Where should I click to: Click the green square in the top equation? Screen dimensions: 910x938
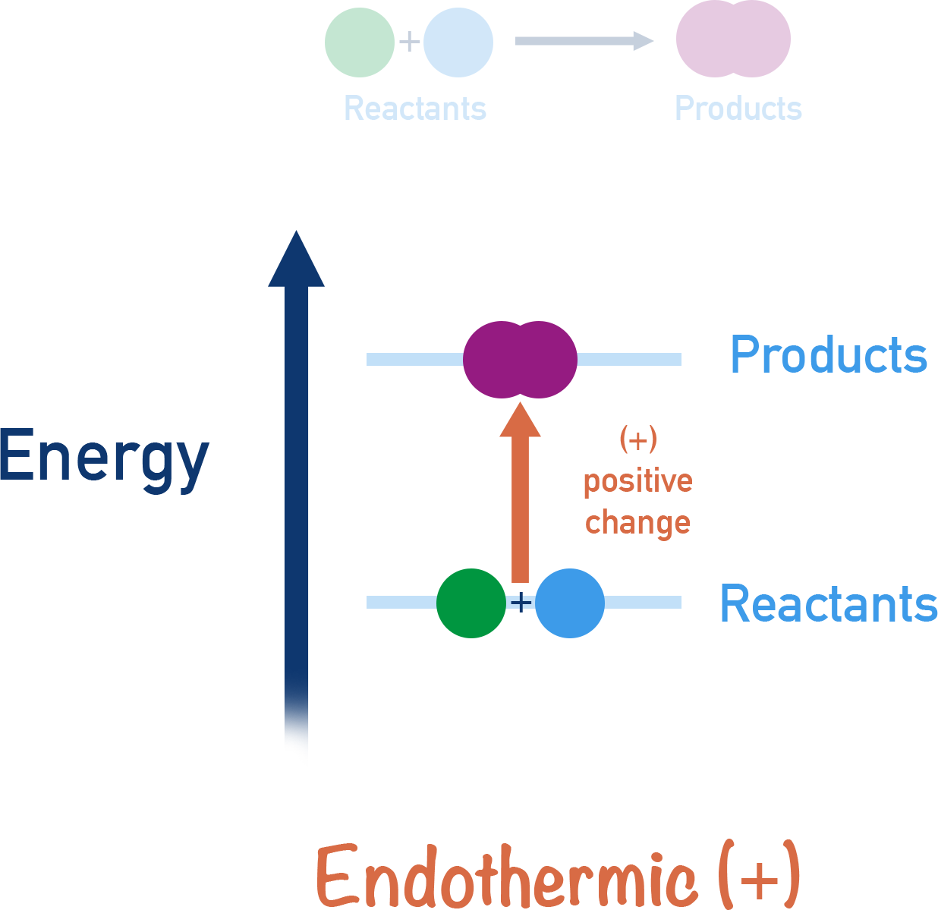[x=359, y=43]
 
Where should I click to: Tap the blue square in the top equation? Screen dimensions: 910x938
[x=458, y=43]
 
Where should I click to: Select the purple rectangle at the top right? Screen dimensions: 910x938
[x=733, y=39]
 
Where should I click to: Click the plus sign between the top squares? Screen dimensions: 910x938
[x=409, y=41]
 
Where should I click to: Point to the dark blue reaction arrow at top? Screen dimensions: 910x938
[x=581, y=41]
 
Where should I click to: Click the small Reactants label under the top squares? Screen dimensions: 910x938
[x=415, y=109]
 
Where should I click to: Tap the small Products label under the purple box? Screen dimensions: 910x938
[x=738, y=109]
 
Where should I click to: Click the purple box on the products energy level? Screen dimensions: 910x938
[x=520, y=360]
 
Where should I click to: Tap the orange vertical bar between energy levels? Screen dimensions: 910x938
[x=520, y=492]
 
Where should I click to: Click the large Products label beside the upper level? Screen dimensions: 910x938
[x=828, y=355]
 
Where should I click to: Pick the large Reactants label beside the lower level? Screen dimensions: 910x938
[x=828, y=604]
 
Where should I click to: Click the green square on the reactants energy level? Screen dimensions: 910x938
[x=471, y=603]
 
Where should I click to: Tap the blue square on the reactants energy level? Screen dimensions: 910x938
[x=570, y=604]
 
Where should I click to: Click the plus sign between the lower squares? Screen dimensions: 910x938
[x=521, y=603]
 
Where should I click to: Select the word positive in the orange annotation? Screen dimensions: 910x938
[x=637, y=482]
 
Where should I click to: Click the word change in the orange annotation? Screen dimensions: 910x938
[x=637, y=523]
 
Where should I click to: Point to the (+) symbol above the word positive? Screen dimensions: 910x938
[x=637, y=440]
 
